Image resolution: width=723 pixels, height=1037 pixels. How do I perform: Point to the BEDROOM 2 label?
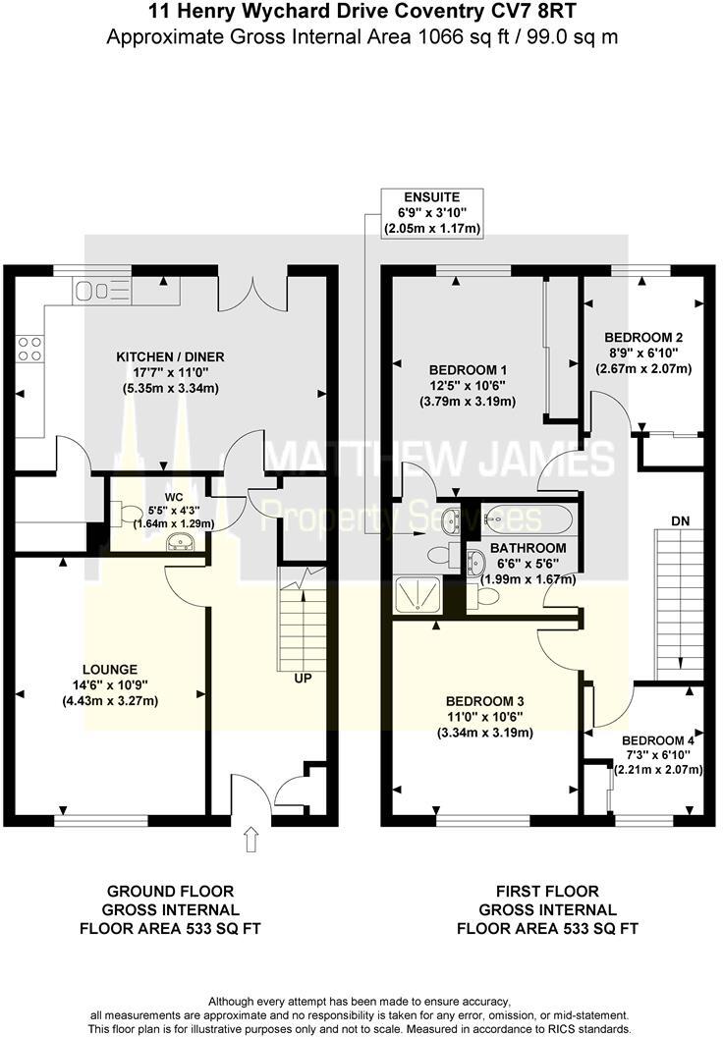tap(643, 336)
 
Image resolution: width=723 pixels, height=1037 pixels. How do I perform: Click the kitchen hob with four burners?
tap(29, 349)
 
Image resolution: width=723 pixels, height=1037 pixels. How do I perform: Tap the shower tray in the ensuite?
tap(417, 594)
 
